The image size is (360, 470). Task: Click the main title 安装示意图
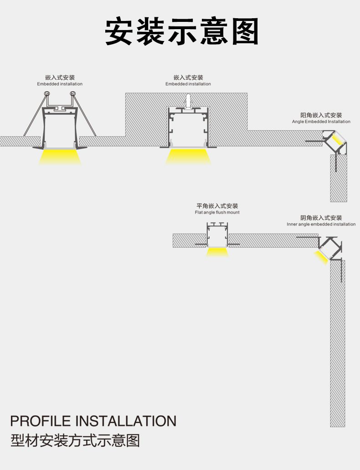(181, 32)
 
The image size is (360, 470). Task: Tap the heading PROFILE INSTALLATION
(93, 420)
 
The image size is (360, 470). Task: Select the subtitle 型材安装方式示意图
(75, 441)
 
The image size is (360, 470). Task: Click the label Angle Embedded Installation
(321, 122)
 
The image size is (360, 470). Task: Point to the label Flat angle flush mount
(217, 212)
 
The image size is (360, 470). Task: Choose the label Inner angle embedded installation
(321, 224)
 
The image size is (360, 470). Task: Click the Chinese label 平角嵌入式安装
(217, 206)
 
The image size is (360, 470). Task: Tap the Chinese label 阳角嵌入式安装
(321, 115)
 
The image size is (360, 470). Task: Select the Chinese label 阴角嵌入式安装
(321, 218)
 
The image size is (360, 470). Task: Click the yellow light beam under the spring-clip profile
(60, 157)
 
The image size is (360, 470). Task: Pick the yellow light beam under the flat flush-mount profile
(217, 252)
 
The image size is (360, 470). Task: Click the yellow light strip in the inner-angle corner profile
(322, 256)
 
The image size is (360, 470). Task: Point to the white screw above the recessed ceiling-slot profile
(188, 101)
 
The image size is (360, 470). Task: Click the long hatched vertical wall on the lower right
(338, 346)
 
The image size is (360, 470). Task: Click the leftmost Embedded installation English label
(60, 84)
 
